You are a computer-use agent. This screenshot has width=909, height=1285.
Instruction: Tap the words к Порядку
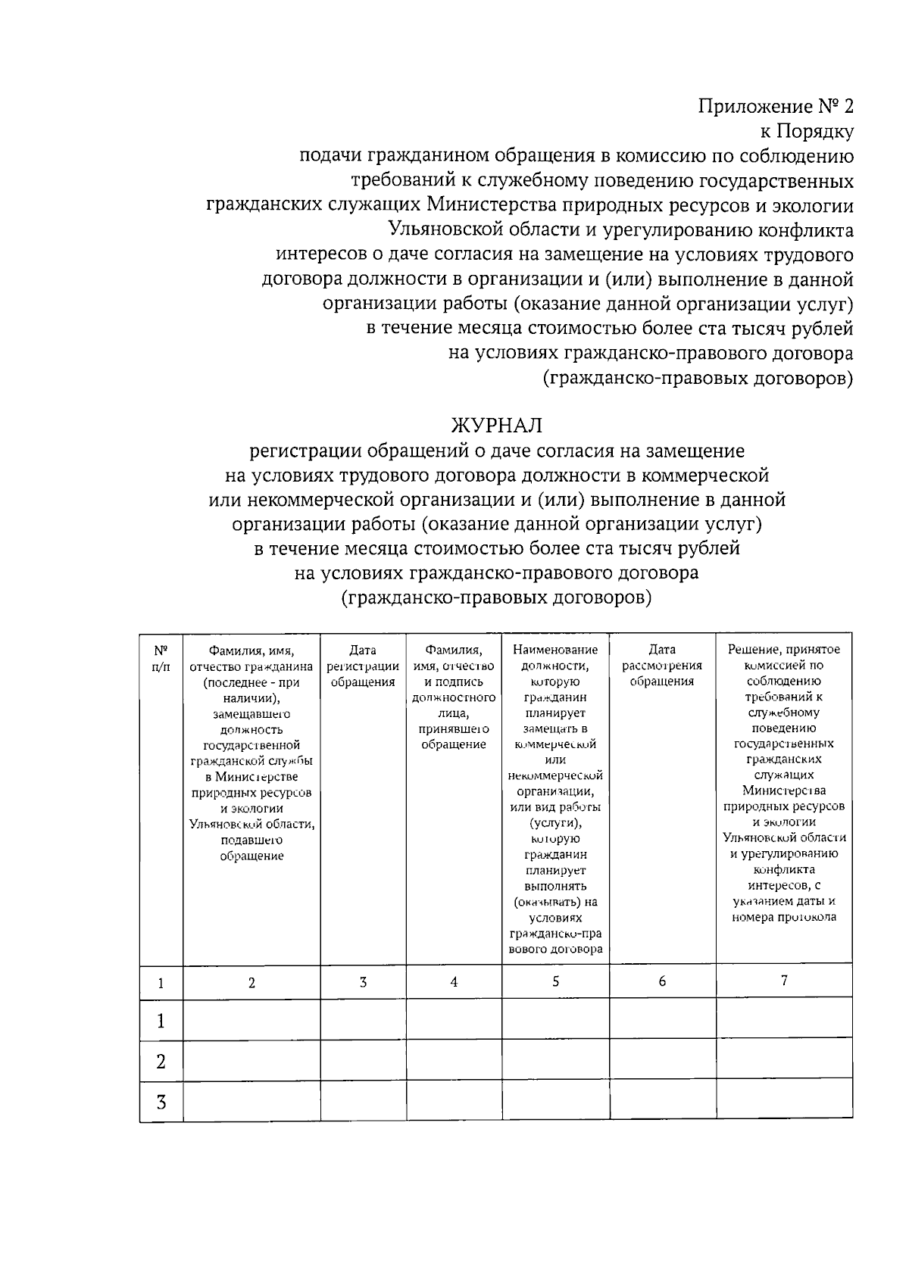pyautogui.click(x=807, y=132)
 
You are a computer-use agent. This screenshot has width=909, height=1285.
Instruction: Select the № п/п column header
pyautogui.click(x=161, y=658)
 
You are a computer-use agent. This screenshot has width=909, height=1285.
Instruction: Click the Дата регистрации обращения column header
pyautogui.click(x=363, y=666)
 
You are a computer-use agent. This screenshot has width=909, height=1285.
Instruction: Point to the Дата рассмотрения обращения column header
pyautogui.click(x=662, y=666)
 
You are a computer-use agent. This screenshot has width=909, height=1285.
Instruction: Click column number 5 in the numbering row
pyautogui.click(x=555, y=981)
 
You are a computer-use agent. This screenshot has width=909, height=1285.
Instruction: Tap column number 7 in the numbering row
pyautogui.click(x=784, y=981)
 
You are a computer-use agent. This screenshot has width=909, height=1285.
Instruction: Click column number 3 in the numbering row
pyautogui.click(x=363, y=982)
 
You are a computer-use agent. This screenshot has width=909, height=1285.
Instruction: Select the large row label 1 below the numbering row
pyautogui.click(x=161, y=1021)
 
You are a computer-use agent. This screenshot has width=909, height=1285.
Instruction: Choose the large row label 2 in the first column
pyautogui.click(x=161, y=1062)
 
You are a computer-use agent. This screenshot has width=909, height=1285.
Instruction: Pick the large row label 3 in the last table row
pyautogui.click(x=161, y=1102)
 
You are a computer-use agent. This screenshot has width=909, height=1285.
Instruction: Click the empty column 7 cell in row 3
pyautogui.click(x=784, y=1102)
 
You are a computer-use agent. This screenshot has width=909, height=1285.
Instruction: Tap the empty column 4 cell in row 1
pyautogui.click(x=454, y=1018)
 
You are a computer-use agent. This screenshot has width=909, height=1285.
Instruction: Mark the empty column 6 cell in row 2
pyautogui.click(x=663, y=1062)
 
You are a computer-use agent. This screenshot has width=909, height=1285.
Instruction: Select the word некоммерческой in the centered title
pyautogui.click(x=307, y=500)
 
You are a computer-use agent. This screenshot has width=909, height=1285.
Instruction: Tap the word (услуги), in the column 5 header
pyautogui.click(x=555, y=823)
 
